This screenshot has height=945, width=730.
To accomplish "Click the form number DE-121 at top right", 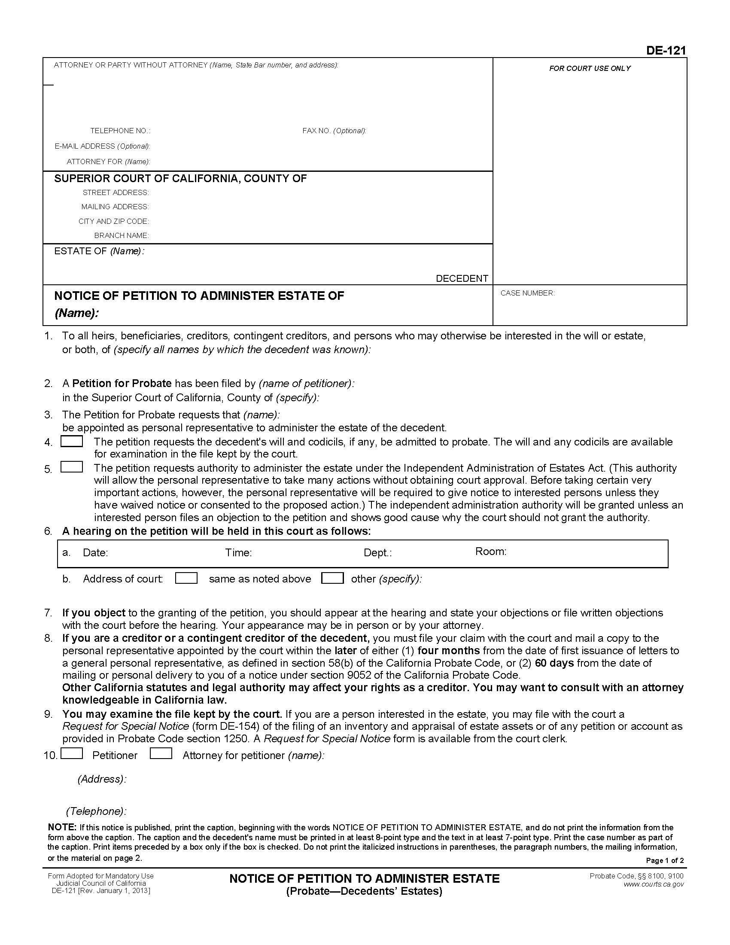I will point(666,51).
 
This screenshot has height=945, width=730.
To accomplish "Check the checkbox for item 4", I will point(72,441).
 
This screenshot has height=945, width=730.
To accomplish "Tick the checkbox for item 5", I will point(72,467).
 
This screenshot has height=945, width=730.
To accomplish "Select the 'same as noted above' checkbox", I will point(186,578).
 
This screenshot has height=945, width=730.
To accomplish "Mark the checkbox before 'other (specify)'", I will point(332,578).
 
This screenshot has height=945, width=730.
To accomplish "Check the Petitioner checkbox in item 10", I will point(72,753).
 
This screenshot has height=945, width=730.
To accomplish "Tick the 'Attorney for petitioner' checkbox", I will point(161,753).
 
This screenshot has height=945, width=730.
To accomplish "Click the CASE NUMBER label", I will point(527,293).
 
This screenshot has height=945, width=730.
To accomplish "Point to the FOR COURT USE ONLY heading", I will point(590,68).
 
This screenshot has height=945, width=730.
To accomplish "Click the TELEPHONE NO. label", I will point(120,131).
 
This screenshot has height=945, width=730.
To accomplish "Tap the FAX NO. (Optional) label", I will point(334,131).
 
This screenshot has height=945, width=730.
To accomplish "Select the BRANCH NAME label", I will point(122,236).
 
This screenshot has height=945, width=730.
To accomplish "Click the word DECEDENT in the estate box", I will point(462,278).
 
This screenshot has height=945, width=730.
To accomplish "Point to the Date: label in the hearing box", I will point(95,552).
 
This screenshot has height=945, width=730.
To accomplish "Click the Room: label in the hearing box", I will point(490,551).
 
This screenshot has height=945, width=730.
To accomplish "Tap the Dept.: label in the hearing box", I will point(377,552).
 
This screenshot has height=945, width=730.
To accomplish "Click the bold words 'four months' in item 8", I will point(448,650).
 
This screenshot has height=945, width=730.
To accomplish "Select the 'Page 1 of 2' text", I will point(665,860).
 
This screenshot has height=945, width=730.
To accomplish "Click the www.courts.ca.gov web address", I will point(654,884).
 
